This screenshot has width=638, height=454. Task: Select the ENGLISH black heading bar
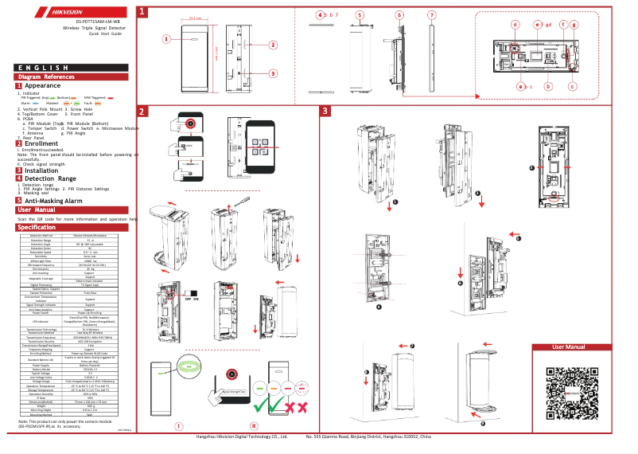pos(68,68)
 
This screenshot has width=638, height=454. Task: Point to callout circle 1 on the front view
pos(166,37)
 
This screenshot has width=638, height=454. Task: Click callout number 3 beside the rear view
pos(273,73)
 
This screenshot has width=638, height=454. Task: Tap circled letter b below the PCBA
pos(547,85)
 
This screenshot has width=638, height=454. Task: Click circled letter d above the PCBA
pos(515,25)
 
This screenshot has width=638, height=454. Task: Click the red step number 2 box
pos(142,111)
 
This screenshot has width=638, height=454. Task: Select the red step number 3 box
pos(325,111)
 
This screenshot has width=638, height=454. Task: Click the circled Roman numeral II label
pos(254,426)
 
